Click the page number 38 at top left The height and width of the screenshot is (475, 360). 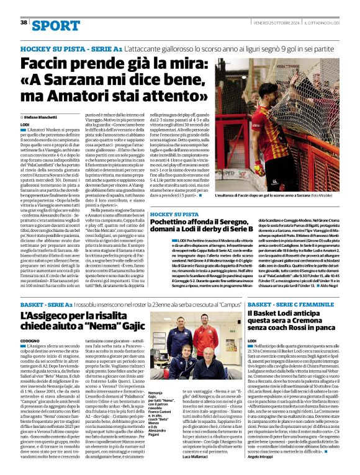tap(24, 22)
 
